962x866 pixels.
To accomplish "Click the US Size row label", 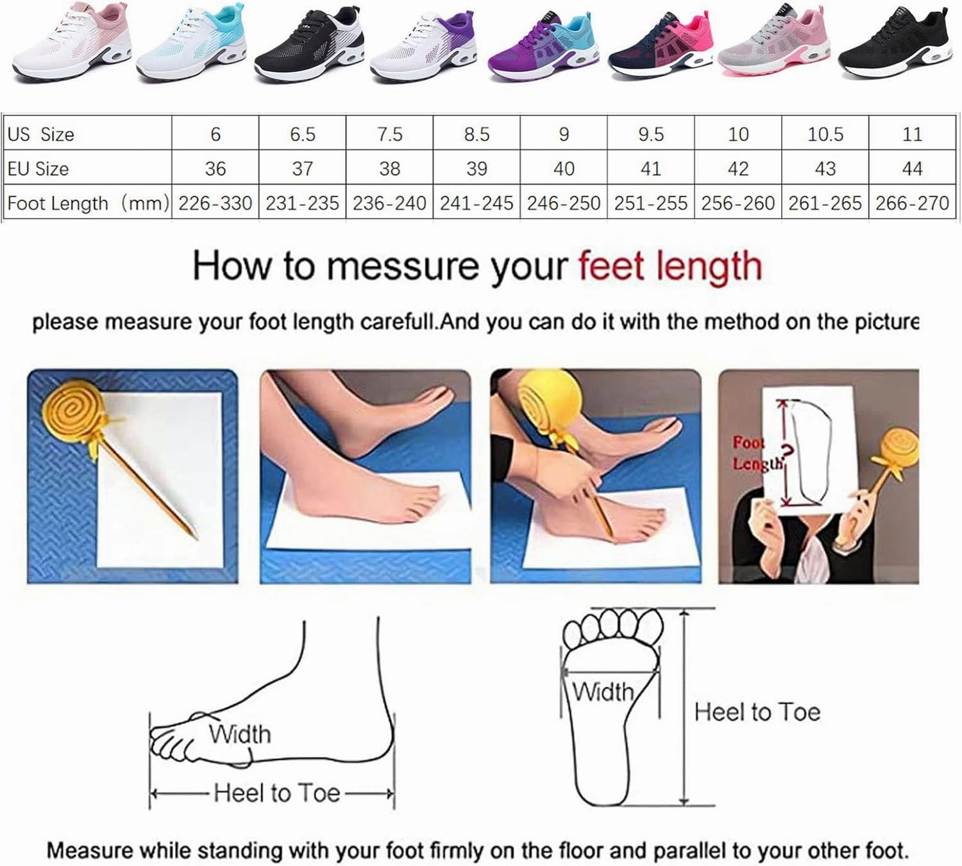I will (41, 134).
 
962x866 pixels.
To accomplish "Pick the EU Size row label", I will (38, 169).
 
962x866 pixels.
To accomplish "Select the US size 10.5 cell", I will (825, 134).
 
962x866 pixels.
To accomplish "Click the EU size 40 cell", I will (564, 169).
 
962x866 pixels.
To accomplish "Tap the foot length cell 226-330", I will (215, 203).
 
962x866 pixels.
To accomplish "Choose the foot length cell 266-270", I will (912, 203).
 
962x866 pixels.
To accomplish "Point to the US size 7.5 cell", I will (389, 134).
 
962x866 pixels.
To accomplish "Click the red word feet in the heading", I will (609, 265).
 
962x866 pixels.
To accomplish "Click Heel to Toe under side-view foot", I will (276, 794).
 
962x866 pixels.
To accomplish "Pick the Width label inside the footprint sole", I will (602, 692).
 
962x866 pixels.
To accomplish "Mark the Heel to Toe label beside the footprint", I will (757, 712).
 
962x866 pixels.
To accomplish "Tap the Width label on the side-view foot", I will (240, 734).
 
